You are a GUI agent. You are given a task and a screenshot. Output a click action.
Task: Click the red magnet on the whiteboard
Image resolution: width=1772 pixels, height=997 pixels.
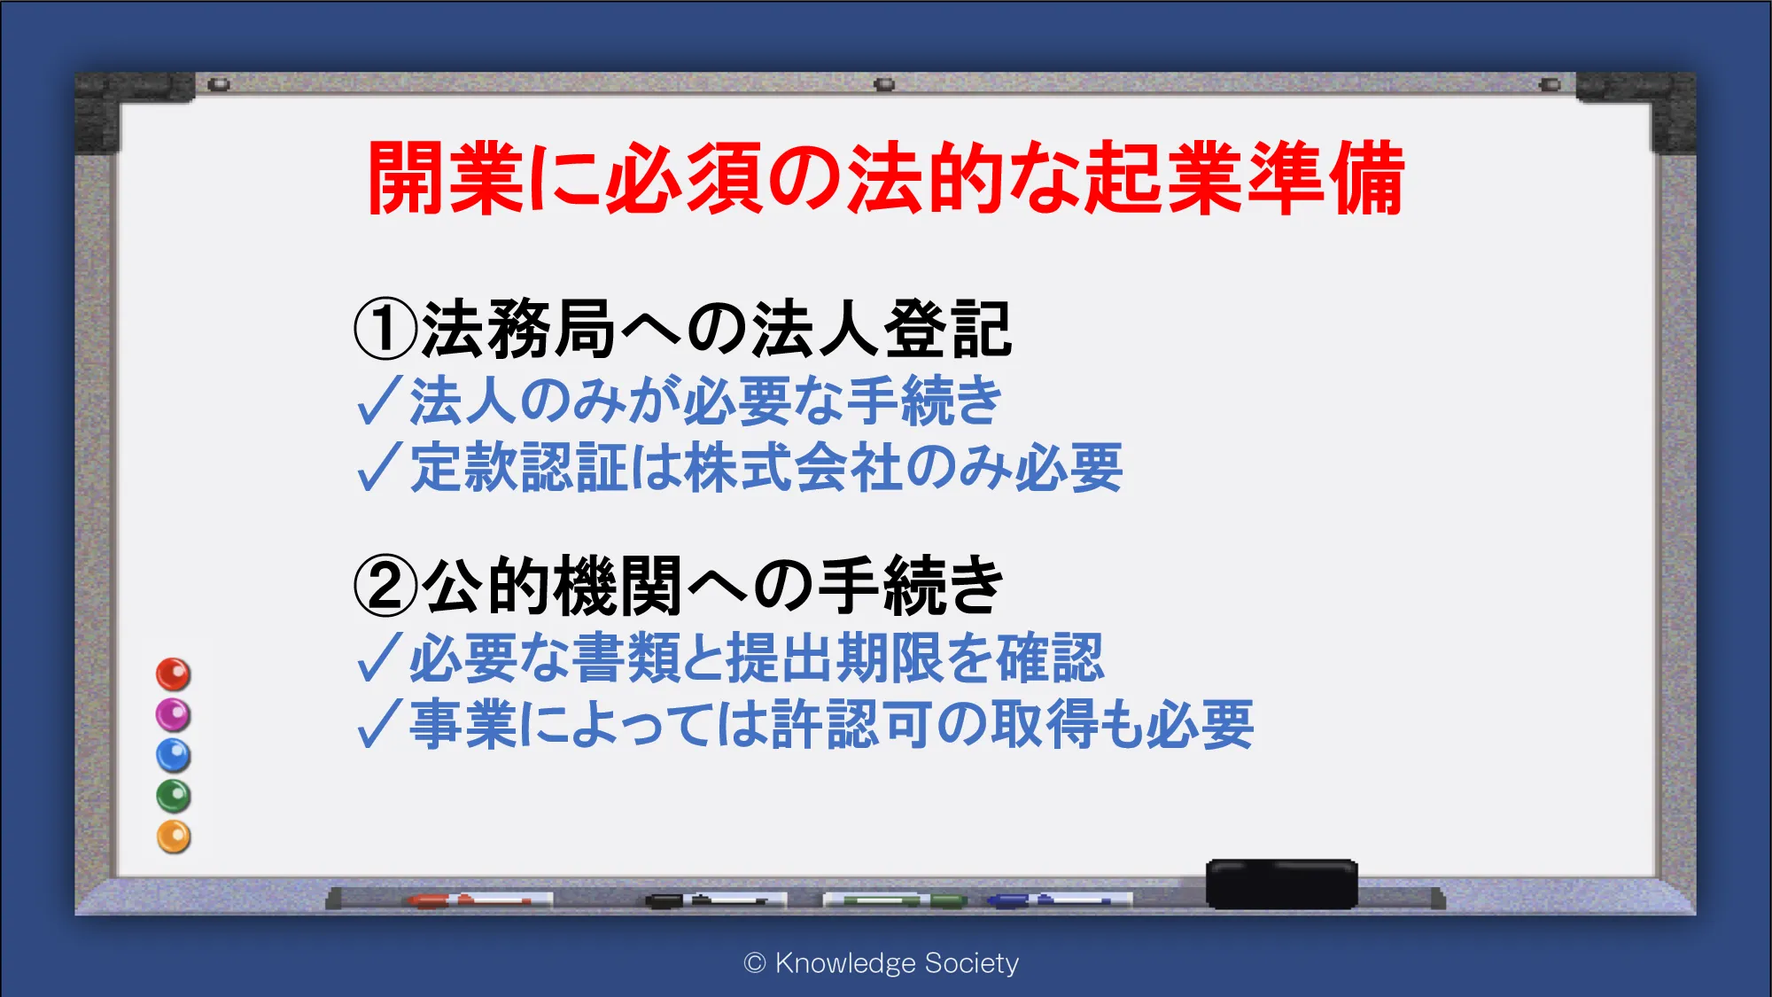coord(174,674)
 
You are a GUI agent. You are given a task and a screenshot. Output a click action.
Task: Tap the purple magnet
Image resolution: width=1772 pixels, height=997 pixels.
coord(174,714)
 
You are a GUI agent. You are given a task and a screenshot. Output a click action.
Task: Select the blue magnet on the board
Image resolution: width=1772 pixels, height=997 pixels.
coord(174,755)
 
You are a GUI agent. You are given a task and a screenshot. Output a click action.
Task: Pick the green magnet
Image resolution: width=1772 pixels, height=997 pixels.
coord(174,796)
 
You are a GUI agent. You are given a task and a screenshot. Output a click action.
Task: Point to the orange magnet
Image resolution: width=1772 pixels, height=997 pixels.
coord(174,837)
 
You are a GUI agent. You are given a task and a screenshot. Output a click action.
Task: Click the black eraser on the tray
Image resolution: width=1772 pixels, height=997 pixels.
coord(1281,884)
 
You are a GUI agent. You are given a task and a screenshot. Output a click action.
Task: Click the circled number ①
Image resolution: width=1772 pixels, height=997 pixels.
coord(385,329)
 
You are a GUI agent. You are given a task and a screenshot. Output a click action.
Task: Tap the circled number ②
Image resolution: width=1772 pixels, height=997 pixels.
coord(385,586)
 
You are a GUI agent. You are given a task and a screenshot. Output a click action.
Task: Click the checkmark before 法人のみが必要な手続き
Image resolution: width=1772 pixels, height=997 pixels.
coord(380,401)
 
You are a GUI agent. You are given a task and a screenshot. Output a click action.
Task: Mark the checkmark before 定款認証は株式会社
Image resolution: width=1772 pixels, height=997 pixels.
coord(380,467)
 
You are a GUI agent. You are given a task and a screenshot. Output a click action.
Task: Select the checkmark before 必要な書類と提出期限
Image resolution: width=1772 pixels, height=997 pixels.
coord(380,658)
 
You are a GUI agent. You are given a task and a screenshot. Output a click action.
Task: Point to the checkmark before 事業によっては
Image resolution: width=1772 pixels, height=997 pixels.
coord(380,724)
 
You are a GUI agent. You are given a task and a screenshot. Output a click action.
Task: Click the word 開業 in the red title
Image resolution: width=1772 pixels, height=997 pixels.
coord(446,178)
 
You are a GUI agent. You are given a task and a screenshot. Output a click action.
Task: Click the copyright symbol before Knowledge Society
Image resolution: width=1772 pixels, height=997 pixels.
coord(755,963)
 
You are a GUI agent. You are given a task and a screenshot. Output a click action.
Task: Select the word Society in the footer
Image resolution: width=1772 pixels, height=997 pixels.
coord(971,963)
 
